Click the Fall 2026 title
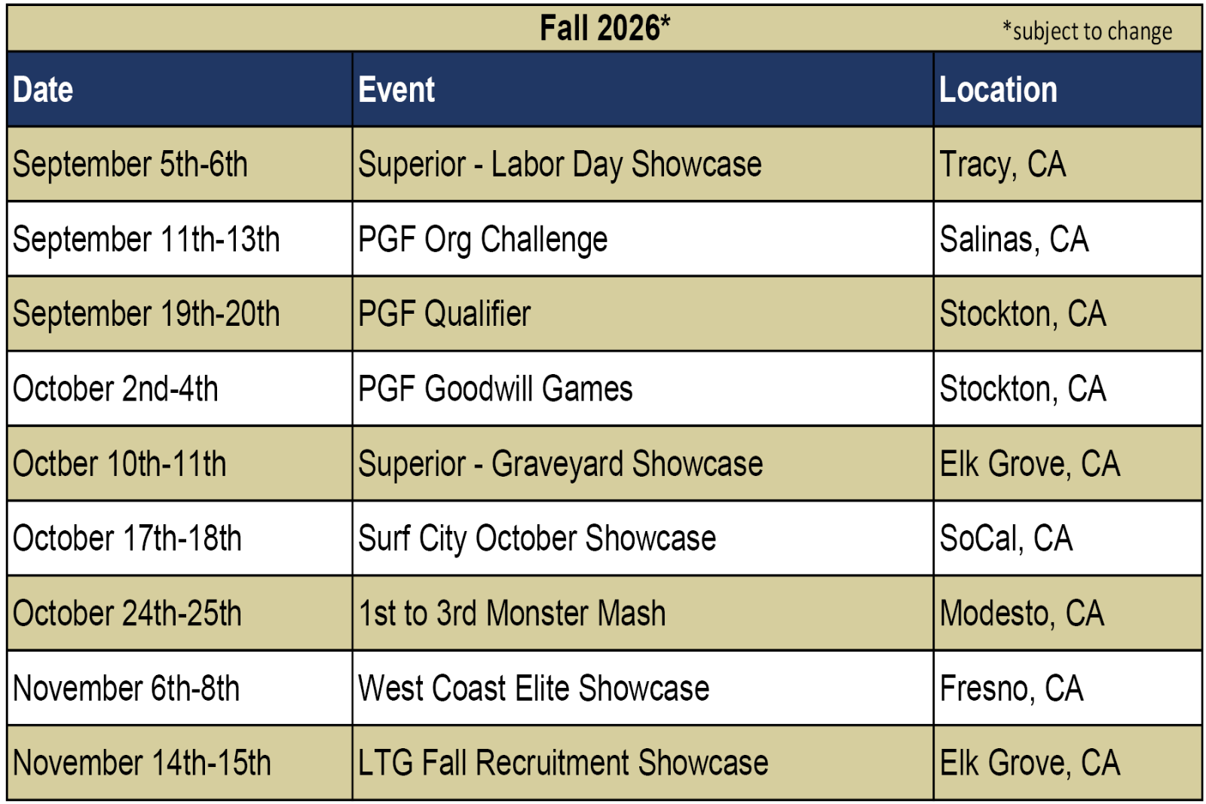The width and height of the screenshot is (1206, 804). tap(605, 28)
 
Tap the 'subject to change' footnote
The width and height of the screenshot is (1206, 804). tap(1087, 31)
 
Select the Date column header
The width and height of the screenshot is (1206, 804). tap(42, 89)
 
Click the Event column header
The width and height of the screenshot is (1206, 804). tap(396, 89)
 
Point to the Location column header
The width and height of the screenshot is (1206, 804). tap(998, 89)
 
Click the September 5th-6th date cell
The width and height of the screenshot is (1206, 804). tap(130, 164)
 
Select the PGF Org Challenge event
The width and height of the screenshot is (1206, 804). tap(482, 239)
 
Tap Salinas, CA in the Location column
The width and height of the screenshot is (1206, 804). tap(1014, 239)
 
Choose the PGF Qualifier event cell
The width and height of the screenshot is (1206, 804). tap(444, 314)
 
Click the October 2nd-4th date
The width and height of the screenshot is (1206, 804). tap(115, 388)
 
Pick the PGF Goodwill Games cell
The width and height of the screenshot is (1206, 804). tap(495, 388)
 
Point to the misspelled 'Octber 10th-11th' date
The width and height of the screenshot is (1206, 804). tap(119, 463)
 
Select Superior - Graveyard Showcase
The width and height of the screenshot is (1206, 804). tap(561, 464)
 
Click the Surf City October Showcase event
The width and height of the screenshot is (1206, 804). tap(537, 539)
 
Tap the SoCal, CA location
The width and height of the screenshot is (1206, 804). tap(1006, 539)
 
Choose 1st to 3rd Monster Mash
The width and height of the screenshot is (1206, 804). tap(512, 613)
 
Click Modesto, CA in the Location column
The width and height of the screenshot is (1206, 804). tap(1022, 613)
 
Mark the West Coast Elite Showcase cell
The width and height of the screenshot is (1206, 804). tap(534, 688)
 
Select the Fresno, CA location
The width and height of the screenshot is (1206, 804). tap(1011, 688)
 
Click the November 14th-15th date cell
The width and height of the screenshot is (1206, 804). tap(142, 763)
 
